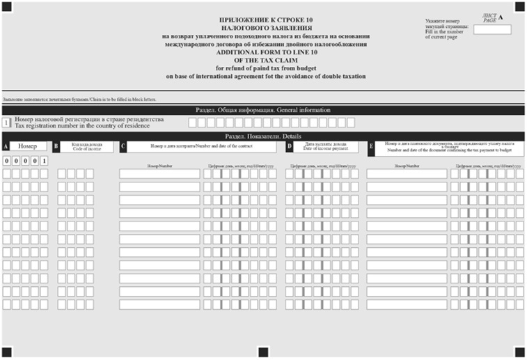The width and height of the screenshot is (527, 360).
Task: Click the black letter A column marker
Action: [x=6, y=147]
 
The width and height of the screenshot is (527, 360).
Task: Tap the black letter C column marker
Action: [x=123, y=147]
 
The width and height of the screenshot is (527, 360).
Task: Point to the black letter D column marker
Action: [x=290, y=147]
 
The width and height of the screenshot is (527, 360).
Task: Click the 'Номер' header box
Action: [x=28, y=147]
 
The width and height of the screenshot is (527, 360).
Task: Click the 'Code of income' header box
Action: [x=86, y=147]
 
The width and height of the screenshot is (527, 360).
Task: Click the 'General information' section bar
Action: [x=262, y=110]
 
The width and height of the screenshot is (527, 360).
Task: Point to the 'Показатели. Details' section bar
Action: [x=262, y=136]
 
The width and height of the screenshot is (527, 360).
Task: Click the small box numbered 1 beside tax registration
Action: [x=6, y=123]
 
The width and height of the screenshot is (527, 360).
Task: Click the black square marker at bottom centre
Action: [x=262, y=351]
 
